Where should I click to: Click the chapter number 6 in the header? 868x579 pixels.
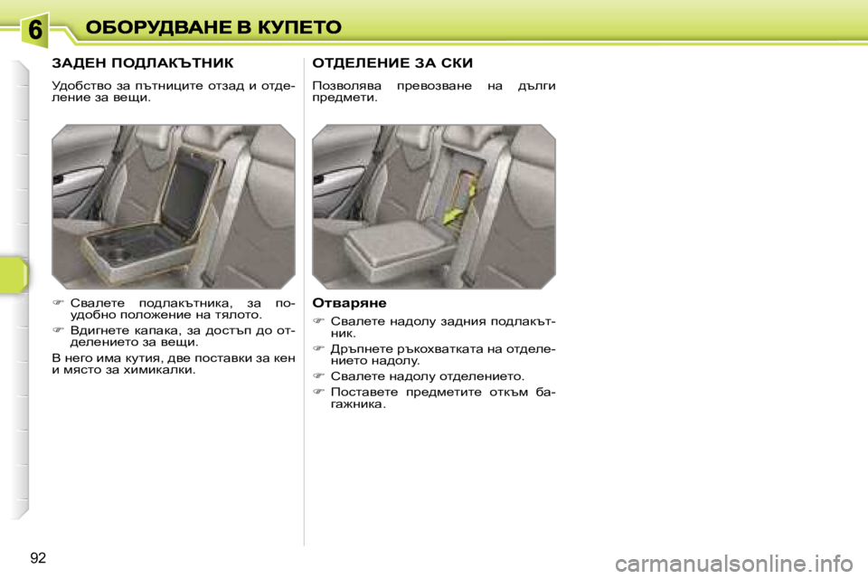tap(33, 31)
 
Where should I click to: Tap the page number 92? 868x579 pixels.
tap(38, 557)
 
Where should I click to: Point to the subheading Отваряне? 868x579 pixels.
tap(349, 302)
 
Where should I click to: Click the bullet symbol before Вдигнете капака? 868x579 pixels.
tap(59, 331)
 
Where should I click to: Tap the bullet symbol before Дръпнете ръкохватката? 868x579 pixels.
tap(318, 348)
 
